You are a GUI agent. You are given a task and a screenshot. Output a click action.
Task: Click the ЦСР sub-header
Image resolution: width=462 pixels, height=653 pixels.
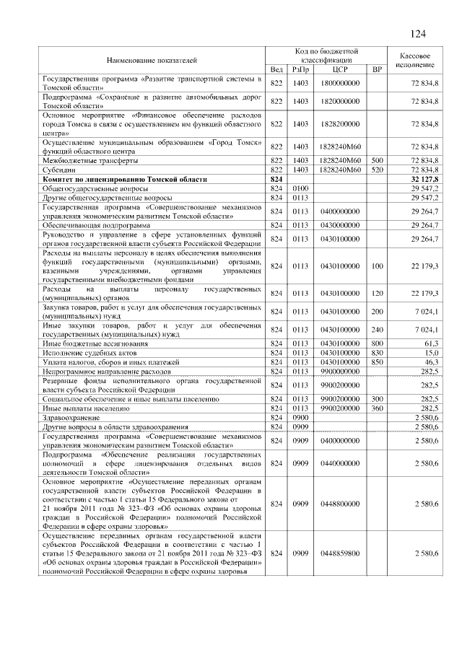340,69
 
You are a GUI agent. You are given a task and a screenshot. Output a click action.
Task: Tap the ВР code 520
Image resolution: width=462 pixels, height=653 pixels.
376,169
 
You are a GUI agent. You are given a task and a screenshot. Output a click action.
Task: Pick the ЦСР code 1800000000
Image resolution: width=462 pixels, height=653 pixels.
340,84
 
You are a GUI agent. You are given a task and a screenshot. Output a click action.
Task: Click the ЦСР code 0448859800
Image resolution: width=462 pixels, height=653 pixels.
340,553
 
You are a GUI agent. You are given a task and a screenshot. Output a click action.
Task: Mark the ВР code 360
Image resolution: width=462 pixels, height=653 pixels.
376,408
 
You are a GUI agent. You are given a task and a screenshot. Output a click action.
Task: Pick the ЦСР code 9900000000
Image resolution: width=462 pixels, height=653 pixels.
340,370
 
